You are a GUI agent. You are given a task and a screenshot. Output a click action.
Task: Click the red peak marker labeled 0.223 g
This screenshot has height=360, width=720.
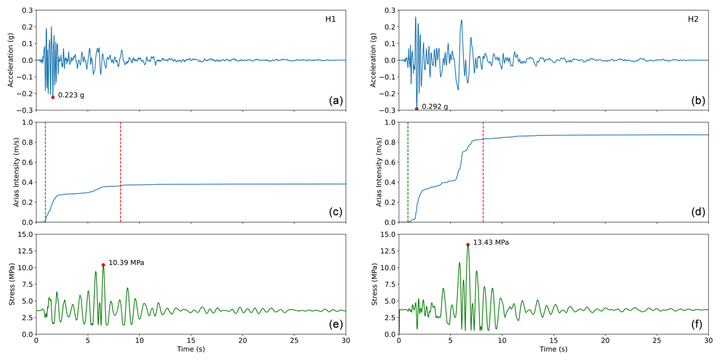click(x=53, y=97)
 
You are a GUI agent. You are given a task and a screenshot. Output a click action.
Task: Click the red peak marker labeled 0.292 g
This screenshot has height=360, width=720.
click(x=417, y=109)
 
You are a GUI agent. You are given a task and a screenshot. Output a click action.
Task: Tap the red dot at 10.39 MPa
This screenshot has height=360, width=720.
click(x=103, y=265)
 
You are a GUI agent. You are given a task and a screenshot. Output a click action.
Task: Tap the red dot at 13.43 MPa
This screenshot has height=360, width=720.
click(x=468, y=245)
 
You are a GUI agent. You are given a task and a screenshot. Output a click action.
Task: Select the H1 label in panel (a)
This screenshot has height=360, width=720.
click(x=330, y=19)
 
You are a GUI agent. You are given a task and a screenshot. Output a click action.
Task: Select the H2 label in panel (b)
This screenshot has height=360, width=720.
click(x=693, y=19)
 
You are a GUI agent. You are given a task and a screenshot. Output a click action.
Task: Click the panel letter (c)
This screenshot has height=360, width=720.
click(x=336, y=212)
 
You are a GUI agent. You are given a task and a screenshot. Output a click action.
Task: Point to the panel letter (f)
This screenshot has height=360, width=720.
click(x=698, y=324)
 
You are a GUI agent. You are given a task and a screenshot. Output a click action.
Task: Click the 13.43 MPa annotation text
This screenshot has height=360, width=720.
click(x=491, y=242)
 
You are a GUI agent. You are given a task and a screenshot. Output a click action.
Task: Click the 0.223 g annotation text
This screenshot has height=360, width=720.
click(x=71, y=95)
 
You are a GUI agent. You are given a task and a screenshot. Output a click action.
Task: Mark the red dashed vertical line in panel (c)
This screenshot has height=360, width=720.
click(x=121, y=171)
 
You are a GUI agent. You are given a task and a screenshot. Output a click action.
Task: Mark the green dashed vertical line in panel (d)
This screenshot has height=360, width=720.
click(x=408, y=171)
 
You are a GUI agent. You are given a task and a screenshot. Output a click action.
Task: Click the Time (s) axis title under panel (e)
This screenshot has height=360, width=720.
click(x=191, y=349)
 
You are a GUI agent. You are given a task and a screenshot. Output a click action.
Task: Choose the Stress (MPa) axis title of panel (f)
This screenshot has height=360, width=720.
click(x=374, y=284)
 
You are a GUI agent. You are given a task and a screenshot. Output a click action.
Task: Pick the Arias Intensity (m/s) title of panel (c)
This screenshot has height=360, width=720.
click(x=16, y=172)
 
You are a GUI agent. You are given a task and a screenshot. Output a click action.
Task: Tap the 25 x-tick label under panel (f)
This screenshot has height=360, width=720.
click(x=657, y=341)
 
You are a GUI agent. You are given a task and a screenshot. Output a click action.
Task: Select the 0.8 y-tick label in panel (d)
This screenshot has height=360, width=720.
click(x=390, y=142)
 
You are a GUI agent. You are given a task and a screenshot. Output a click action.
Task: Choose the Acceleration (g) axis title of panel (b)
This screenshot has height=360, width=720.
click(x=373, y=60)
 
